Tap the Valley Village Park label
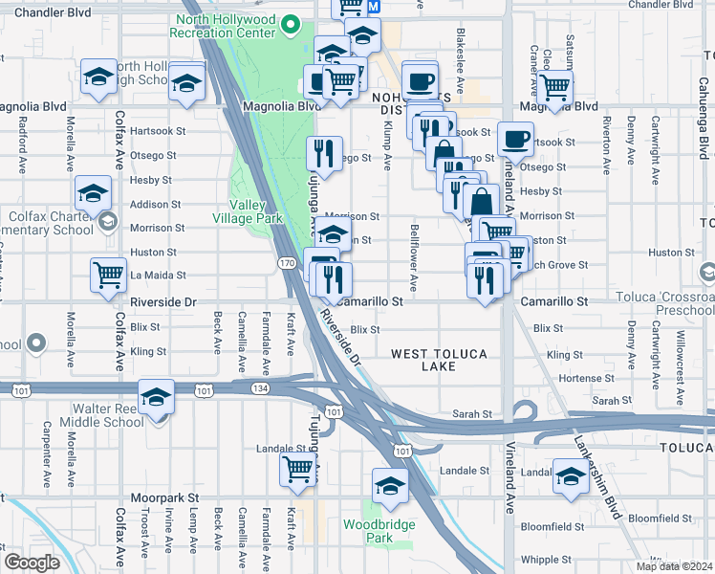pyautogui.click(x=255, y=211)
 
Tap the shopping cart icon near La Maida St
pyautogui.click(x=109, y=275)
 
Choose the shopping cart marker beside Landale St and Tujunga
pyautogui.click(x=298, y=469)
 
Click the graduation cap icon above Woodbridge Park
pyautogui.click(x=390, y=486)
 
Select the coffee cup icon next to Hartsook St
pyautogui.click(x=515, y=139)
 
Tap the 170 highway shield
pyautogui.click(x=286, y=262)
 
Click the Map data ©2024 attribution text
pyautogui.click(x=675, y=566)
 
